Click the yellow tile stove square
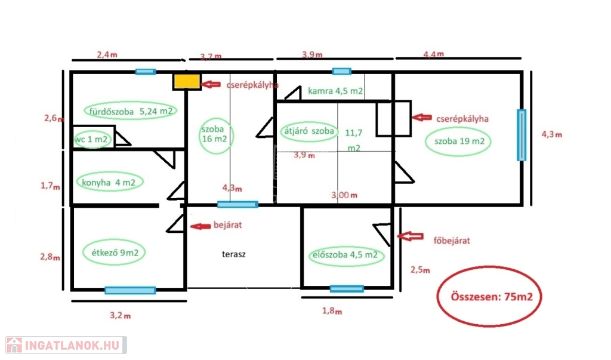click(x=187, y=81)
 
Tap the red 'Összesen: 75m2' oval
click(x=489, y=297)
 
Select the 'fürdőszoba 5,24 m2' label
click(x=132, y=111)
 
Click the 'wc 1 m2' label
click(x=92, y=140)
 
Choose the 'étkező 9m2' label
click(x=115, y=251)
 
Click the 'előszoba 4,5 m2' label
click(x=345, y=256)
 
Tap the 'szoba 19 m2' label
click(x=458, y=141)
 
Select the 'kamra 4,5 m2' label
click(x=335, y=91)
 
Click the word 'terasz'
click(x=234, y=254)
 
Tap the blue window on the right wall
click(x=521, y=135)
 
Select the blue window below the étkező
click(x=130, y=291)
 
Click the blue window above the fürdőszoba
click(x=145, y=72)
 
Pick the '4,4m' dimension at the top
click(x=433, y=54)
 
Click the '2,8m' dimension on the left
click(x=50, y=257)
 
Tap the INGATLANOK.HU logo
click(x=66, y=344)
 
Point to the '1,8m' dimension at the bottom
click(x=332, y=311)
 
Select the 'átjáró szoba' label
click(x=308, y=131)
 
